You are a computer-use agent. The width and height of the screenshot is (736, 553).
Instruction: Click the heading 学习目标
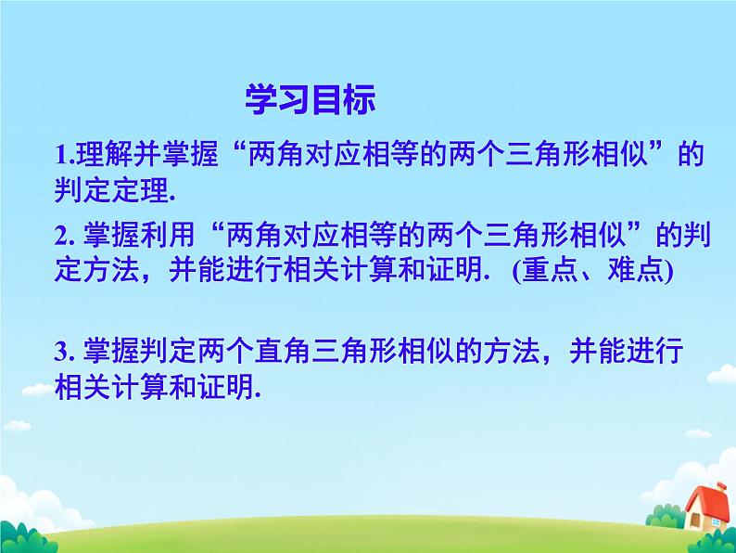click(x=310, y=101)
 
